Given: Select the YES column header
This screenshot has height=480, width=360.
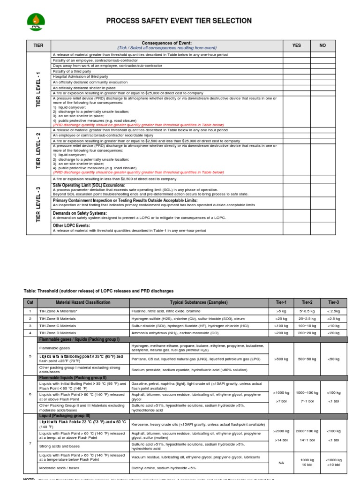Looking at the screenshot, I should [296, 45].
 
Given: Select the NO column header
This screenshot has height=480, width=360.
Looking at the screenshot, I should [322, 45].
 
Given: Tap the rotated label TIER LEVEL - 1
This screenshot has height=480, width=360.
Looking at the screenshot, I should [38, 90].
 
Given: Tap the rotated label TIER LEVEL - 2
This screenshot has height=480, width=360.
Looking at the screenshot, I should [38, 150].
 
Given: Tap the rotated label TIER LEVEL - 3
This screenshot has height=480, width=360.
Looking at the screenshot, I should [38, 204].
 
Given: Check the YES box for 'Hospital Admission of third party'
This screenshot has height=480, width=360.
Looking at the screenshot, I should [296, 76].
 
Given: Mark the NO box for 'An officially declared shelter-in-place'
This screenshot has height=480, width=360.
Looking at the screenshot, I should [322, 88].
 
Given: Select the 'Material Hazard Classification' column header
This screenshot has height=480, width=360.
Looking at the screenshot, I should [83, 302].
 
